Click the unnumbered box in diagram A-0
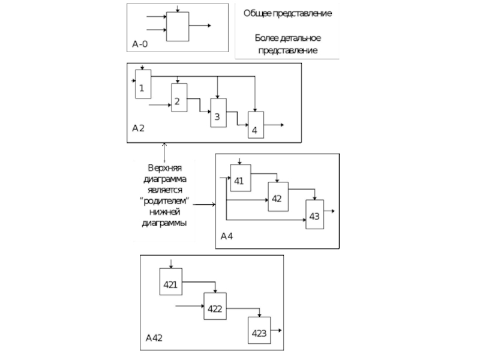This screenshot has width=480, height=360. (x=178, y=26)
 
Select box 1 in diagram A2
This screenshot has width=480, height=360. (x=143, y=85)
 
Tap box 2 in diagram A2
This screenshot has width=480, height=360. (x=179, y=98)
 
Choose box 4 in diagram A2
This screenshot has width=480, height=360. (x=256, y=125)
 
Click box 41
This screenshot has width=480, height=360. (x=239, y=178)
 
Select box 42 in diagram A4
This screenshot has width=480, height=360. (x=277, y=196)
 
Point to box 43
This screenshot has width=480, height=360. (x=314, y=214)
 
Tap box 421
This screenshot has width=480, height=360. (x=170, y=281)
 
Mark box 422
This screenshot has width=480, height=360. (x=215, y=307)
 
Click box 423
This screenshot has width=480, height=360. (x=259, y=331)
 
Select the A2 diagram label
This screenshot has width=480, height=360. (x=139, y=128)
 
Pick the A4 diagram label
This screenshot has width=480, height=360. (x=227, y=236)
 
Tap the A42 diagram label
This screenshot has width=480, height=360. (x=154, y=338)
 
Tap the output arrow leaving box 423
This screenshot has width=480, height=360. (x=277, y=330)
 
